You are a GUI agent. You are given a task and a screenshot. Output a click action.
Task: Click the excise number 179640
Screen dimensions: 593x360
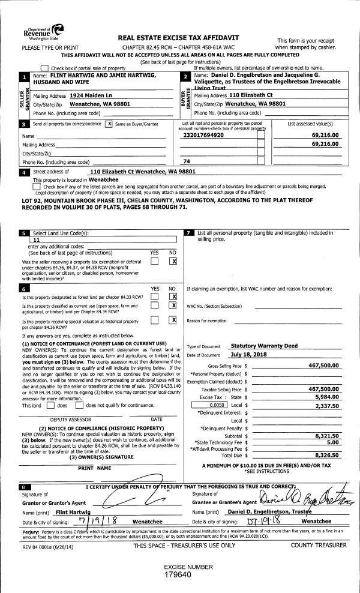[x=179, y=574]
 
